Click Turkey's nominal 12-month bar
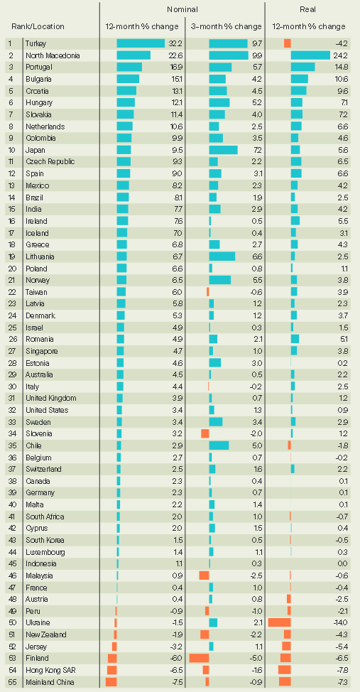click(141, 43)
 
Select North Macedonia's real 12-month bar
click(310, 55)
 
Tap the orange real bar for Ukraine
click(279, 622)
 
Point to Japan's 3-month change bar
click(223, 150)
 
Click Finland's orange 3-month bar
click(199, 658)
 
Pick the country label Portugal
click(39, 67)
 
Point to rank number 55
click(12, 682)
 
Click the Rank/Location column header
click(38, 26)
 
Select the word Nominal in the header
click(182, 9)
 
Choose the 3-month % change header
click(227, 26)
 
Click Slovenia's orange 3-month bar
click(205, 433)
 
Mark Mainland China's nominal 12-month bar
click(111, 682)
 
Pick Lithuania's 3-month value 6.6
click(258, 256)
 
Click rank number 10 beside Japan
click(12, 150)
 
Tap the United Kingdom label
click(51, 398)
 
